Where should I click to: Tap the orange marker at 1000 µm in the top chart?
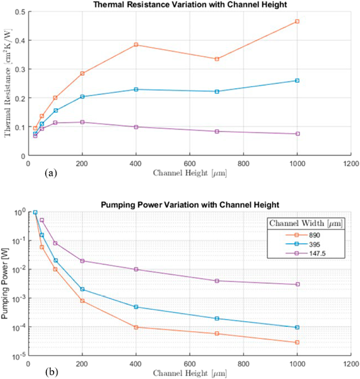tap(297, 22)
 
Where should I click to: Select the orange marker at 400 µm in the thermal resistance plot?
tap(136, 45)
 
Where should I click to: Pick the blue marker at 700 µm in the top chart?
tap(217, 92)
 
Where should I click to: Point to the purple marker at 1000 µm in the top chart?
tap(297, 134)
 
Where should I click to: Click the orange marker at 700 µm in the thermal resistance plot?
tap(217, 59)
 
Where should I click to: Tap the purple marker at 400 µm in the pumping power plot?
tap(136, 270)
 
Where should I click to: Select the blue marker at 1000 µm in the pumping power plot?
tap(297, 328)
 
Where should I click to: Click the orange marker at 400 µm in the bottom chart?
tap(136, 327)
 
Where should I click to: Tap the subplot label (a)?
tap(50, 173)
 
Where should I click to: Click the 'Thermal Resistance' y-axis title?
tap(7, 83)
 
